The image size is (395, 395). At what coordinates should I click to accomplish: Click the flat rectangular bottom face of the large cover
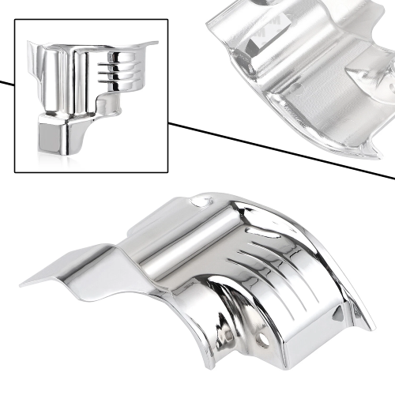tap(296, 352)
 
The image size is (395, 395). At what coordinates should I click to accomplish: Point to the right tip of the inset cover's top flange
tap(156, 44)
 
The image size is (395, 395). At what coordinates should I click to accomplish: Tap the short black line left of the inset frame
tap(6, 82)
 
